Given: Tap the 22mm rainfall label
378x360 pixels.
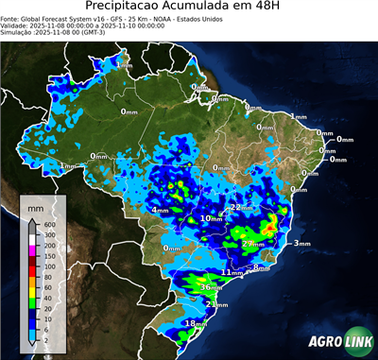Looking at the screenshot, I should (242, 207).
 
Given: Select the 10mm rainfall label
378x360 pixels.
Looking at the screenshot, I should (212, 219).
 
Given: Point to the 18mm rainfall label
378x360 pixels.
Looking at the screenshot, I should (195, 324).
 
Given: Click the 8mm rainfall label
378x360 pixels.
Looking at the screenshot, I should (262, 268).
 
